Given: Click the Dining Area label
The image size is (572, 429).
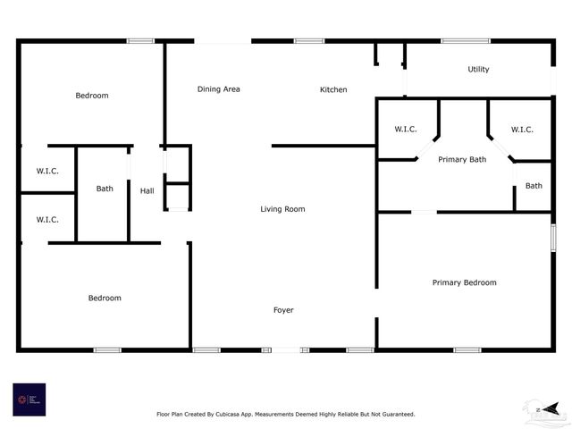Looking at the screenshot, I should click(218, 89).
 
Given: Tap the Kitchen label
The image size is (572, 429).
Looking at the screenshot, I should click(333, 89).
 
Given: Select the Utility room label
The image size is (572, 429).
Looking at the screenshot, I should click(478, 70).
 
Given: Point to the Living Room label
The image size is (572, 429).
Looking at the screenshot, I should click(282, 209).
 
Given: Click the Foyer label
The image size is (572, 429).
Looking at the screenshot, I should click(283, 310).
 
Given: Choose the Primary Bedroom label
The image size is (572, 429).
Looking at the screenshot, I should click(464, 282).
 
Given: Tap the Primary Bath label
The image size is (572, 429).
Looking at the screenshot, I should click(462, 159).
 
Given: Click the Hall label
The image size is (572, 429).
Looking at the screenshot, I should click(147, 190).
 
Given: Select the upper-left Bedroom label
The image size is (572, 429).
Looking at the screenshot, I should click(91, 96).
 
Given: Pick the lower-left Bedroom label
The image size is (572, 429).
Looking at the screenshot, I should click(105, 298).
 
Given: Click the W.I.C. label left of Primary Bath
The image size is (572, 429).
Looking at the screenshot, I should click(406, 130).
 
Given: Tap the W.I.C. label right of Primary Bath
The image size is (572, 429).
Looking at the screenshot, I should click(522, 130).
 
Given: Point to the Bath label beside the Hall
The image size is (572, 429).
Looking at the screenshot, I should click(105, 189).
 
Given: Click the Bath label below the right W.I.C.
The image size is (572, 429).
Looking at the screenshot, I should click(534, 186).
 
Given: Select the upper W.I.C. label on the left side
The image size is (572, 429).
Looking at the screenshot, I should click(47, 171).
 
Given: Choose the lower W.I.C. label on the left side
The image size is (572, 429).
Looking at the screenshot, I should click(47, 219).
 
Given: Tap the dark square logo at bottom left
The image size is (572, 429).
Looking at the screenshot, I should click(29, 400).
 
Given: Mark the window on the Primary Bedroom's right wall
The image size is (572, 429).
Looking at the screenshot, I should click(553, 237).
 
